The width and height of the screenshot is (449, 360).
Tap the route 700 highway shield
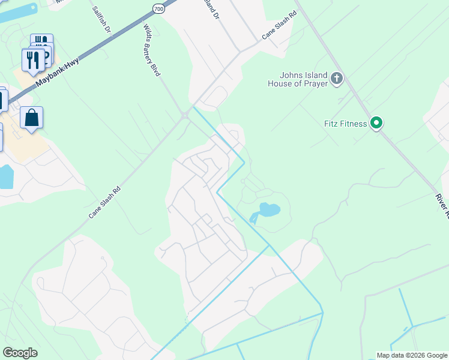pos(158,8)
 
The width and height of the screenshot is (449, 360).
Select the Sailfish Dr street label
pos(103,20)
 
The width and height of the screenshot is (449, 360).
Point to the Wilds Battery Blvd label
pos(152,50)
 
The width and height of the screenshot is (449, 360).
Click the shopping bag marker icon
pos(31,118)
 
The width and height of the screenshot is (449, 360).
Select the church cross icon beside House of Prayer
pos(337,77)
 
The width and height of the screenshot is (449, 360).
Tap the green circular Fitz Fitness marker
pos(376,123)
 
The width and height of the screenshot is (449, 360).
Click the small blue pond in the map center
pos(267,211)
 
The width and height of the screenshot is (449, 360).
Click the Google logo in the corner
pos(20,352)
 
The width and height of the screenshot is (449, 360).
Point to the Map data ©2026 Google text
pos(411,355)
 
